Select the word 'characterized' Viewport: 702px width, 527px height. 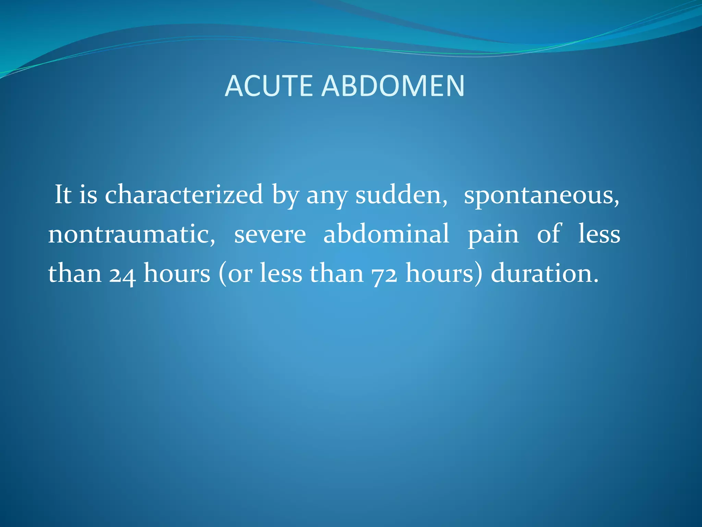pos(184,195)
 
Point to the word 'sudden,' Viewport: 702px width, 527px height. pos(401,195)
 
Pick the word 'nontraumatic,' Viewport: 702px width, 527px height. pos(132,234)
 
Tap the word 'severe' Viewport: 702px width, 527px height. pos(270,234)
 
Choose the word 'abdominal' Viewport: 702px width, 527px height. pos(386,234)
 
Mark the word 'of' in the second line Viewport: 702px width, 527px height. pos(549,234)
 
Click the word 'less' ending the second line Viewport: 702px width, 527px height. pos(599,234)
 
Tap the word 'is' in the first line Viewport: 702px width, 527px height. pos(88,195)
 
